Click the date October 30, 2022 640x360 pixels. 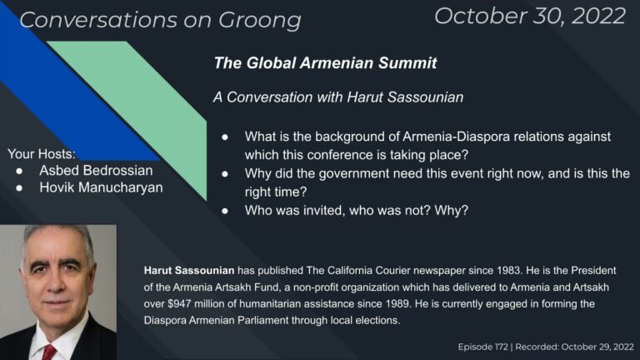pyautogui.click(x=529, y=15)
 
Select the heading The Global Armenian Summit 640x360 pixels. pyautogui.click(x=325, y=62)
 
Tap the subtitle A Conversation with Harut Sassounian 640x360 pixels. pyautogui.click(x=337, y=97)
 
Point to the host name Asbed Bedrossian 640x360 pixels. pyautogui.click(x=96, y=170)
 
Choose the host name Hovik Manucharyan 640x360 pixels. pyautogui.click(x=101, y=187)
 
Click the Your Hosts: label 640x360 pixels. pyautogui.click(x=42, y=154)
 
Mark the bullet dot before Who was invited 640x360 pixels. pyautogui.click(x=226, y=211)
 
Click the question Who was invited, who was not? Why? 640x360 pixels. pyautogui.click(x=357, y=211)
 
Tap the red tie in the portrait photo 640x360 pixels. pyautogui.click(x=48, y=351)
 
